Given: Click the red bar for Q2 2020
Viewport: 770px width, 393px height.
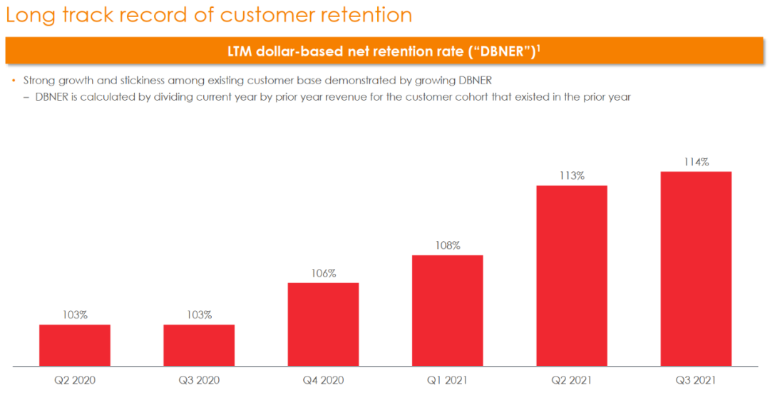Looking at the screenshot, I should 75,345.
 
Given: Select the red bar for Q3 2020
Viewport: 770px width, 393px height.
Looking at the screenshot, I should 199,345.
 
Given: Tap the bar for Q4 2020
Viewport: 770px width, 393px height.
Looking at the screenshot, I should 323,325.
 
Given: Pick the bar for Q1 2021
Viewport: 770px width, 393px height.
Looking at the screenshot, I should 448,310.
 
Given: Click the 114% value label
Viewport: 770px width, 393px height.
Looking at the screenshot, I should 696,162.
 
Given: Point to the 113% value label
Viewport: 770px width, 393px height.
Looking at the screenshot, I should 572,175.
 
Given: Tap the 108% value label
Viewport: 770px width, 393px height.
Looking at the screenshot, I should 448,245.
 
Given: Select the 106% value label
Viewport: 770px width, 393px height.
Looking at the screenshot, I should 323,273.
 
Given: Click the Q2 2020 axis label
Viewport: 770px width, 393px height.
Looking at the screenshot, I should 75,380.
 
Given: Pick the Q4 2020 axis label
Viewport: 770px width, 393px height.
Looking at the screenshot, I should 323,380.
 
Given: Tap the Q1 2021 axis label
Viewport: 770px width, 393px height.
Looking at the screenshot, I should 448,380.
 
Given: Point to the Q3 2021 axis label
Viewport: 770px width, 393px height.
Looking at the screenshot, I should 696,380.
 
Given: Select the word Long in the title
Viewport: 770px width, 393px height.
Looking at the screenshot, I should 28,15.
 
